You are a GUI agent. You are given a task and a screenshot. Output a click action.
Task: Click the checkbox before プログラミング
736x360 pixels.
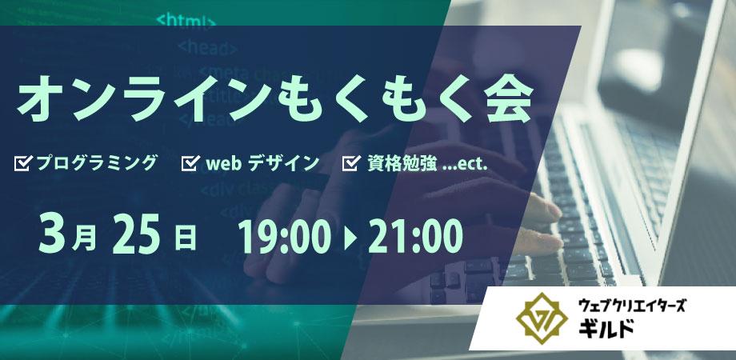(23, 163)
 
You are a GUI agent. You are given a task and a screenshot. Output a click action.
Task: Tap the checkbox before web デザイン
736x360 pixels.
(190, 163)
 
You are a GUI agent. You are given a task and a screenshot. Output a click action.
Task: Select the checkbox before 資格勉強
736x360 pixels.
(350, 163)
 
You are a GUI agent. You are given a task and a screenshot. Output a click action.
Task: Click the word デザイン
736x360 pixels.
(286, 163)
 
